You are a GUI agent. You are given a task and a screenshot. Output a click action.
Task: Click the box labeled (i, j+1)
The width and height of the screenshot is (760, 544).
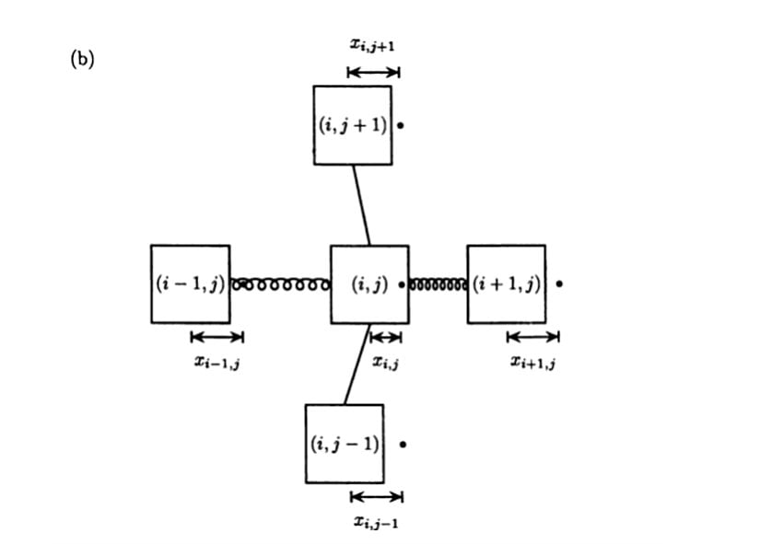352,125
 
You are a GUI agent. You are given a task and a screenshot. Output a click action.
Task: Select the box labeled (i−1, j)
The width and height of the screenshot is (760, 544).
191,284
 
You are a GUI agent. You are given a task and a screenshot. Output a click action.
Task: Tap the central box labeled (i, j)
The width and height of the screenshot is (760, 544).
368,284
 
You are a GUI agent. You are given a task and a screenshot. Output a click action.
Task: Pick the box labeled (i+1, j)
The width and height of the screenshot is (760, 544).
506,284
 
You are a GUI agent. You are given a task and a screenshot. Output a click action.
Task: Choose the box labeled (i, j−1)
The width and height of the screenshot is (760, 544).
345,444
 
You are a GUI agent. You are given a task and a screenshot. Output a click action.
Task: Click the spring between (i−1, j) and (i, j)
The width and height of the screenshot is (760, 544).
280,284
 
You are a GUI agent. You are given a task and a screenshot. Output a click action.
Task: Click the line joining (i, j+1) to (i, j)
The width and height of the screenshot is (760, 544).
360,204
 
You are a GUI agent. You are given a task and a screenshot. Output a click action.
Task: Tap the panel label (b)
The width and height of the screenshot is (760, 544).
82,60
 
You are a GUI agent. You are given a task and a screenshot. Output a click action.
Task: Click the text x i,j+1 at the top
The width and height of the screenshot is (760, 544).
373,45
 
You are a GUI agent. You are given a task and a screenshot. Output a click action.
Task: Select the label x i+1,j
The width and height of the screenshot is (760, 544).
532,362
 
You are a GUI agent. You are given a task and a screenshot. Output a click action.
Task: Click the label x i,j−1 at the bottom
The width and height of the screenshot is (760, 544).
375,522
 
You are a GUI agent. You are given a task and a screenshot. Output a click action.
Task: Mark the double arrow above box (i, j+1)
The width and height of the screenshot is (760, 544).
373,72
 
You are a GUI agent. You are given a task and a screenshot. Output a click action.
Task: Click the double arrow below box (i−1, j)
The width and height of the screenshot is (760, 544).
216,337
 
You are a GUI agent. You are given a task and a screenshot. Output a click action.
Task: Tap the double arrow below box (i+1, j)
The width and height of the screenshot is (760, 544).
532,337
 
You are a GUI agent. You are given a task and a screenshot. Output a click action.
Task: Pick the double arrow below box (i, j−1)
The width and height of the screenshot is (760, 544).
376,497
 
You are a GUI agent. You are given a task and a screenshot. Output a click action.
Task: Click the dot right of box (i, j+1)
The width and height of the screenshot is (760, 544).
403,125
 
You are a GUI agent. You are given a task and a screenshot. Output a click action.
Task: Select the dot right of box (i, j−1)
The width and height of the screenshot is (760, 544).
403,444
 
